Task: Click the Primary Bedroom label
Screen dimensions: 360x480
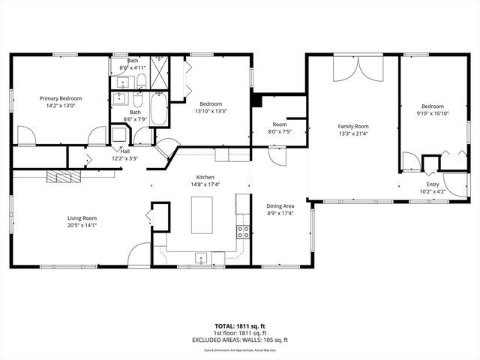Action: click(61, 98)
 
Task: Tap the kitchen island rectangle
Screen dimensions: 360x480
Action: click(202, 215)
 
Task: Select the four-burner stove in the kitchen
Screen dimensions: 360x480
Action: click(243, 232)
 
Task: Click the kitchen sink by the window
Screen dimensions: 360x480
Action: click(201, 258)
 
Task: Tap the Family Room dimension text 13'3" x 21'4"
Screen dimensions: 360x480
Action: click(352, 133)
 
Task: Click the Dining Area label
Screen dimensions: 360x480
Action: click(280, 205)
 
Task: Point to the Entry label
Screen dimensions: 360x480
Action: click(433, 184)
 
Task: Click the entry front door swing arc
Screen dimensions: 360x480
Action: click(454, 184)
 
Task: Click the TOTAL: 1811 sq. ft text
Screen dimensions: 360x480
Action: click(240, 325)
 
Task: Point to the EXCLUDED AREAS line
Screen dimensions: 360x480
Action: click(240, 340)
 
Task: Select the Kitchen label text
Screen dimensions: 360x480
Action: click(205, 177)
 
